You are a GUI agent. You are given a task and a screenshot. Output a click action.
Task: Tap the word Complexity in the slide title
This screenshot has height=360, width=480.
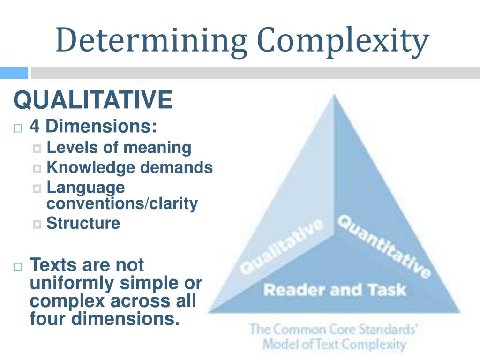pyautogui.click(x=343, y=41)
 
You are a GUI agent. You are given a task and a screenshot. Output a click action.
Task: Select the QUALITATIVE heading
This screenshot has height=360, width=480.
pyautogui.click(x=93, y=100)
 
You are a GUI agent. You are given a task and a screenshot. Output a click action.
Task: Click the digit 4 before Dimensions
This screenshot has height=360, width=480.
pyautogui.click(x=35, y=126)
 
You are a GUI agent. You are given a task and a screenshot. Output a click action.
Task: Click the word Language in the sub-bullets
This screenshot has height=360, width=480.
pyautogui.click(x=86, y=187)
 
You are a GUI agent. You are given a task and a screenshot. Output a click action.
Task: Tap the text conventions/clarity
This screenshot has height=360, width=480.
pyautogui.click(x=122, y=204)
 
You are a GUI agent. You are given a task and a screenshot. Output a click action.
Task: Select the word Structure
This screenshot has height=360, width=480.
pyautogui.click(x=83, y=223)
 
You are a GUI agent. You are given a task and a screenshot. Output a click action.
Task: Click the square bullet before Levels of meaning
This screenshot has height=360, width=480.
pyautogui.click(x=37, y=149)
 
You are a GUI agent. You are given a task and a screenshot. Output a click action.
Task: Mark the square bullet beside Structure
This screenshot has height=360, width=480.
pyautogui.click(x=37, y=224)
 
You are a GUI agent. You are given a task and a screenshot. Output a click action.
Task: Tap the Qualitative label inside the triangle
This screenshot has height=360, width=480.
pyautogui.click(x=281, y=247)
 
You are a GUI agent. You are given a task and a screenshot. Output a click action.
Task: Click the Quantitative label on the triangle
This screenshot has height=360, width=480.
pyautogui.click(x=383, y=246)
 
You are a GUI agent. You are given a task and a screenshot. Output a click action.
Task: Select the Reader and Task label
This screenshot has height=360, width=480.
pyautogui.click(x=334, y=290)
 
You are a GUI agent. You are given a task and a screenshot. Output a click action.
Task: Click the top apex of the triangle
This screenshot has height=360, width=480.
pyautogui.click(x=334, y=96)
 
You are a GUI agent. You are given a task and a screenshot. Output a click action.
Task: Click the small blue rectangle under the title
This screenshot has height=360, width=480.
pyautogui.click(x=14, y=73)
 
